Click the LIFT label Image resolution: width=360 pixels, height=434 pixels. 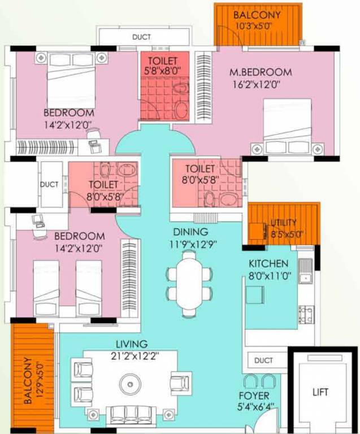[x=320, y=392]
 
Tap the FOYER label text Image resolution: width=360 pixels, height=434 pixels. [x=254, y=396]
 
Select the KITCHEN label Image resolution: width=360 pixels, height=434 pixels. [x=269, y=264]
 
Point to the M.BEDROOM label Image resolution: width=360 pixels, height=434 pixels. [x=261, y=72]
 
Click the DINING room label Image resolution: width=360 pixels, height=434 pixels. [x=191, y=232]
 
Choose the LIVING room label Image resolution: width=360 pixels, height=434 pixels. [x=132, y=344]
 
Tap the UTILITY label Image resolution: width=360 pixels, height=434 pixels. [x=283, y=222]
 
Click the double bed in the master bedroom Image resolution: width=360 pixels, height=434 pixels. [x=287, y=126]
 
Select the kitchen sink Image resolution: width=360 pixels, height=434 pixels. [x=305, y=272]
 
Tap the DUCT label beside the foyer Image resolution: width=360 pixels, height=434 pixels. [x=263, y=361]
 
